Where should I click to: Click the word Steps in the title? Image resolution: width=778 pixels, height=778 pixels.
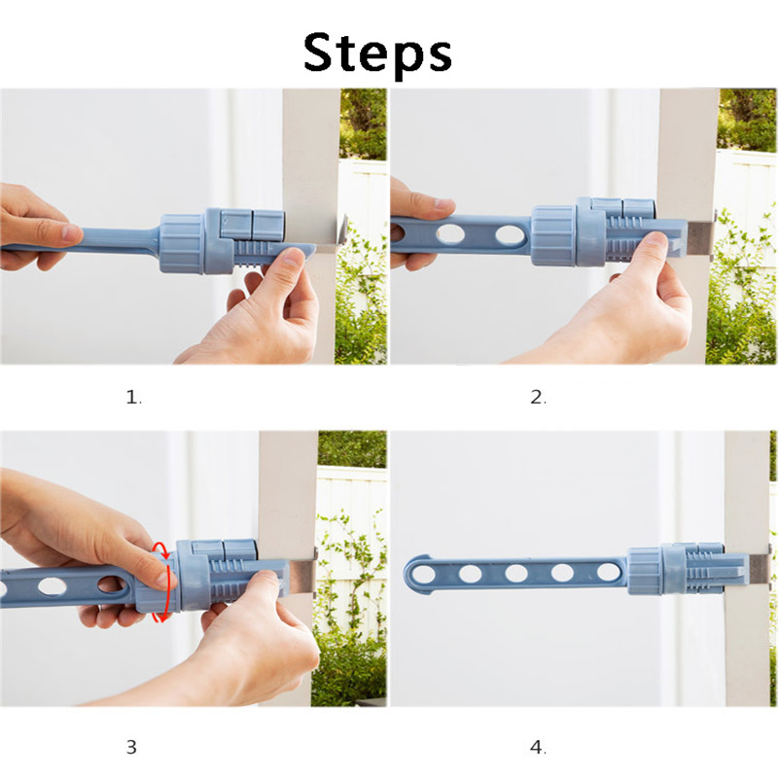[377, 54]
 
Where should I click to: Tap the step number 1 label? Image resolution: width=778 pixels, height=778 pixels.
[133, 397]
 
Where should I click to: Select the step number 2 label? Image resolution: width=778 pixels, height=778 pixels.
[539, 397]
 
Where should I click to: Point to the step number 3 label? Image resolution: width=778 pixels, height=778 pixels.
[131, 747]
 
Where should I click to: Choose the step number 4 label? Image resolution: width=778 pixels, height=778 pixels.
[539, 747]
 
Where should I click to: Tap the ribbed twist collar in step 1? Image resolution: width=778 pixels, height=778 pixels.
[182, 244]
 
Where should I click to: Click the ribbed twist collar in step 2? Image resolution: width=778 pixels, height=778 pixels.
[553, 234]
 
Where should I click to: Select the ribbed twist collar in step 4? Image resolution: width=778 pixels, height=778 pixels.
[645, 571]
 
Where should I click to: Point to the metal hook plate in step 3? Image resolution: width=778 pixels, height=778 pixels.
[302, 575]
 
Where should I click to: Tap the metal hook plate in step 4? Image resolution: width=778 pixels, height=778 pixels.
[760, 569]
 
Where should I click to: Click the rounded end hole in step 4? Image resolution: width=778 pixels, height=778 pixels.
[423, 575]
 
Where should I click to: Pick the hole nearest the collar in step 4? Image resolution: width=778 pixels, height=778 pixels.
[609, 572]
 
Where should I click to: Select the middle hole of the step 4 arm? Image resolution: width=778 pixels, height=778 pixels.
[516, 573]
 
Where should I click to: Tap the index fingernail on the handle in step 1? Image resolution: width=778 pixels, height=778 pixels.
[72, 232]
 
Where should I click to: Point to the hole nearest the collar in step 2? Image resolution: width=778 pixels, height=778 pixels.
[510, 234]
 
